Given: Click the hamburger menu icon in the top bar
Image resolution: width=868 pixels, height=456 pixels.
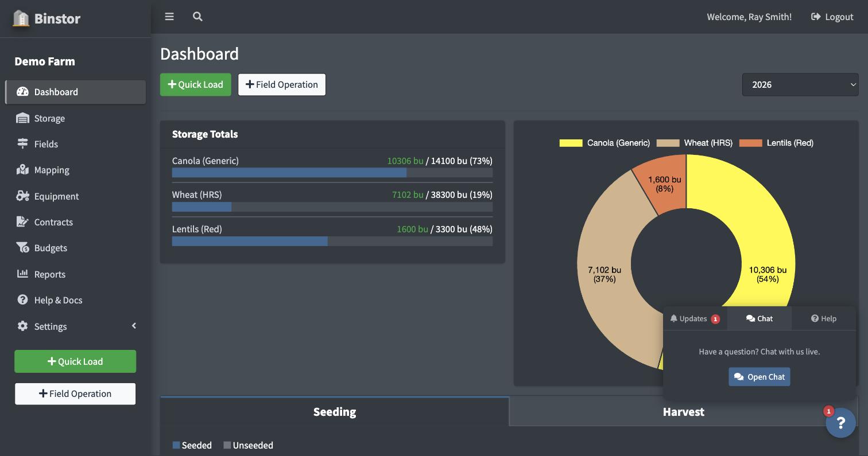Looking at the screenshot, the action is pyautogui.click(x=169, y=17).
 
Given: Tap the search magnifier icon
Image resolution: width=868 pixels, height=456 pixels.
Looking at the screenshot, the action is pyautogui.click(x=197, y=17).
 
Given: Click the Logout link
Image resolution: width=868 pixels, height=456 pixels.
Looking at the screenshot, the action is pyautogui.click(x=832, y=17).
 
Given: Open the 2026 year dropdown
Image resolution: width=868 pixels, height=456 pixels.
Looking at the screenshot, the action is pyautogui.click(x=800, y=84).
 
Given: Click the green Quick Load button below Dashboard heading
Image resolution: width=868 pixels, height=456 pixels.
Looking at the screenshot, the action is pyautogui.click(x=196, y=84).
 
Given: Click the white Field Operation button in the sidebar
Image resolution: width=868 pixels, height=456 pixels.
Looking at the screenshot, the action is pyautogui.click(x=75, y=393).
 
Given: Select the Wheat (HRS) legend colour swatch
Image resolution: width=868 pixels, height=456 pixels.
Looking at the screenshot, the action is pyautogui.click(x=668, y=143).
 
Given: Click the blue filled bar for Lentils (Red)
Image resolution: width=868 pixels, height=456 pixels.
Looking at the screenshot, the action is pyautogui.click(x=250, y=241).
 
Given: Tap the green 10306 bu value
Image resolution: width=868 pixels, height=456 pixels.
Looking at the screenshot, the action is pyautogui.click(x=405, y=161).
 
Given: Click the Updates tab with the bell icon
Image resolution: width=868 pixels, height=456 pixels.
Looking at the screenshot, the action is pyautogui.click(x=695, y=318).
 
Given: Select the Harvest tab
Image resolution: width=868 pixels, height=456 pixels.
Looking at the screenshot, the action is pyautogui.click(x=683, y=411).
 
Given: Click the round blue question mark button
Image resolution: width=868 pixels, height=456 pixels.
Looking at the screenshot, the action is pyautogui.click(x=840, y=423).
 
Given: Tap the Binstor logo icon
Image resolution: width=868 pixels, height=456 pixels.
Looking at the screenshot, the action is pyautogui.click(x=21, y=18).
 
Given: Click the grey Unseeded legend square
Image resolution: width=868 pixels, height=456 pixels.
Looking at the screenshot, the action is pyautogui.click(x=227, y=445).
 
